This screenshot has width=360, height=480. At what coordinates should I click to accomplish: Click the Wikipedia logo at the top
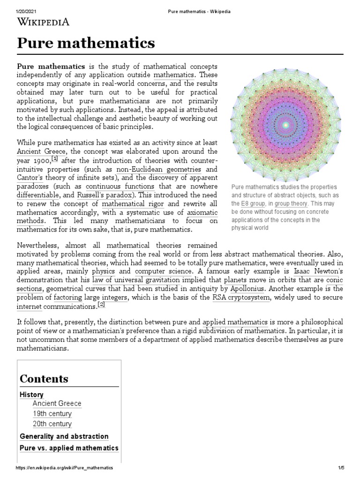(x=44, y=21)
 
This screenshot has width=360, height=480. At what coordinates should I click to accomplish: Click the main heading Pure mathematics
(x=86, y=43)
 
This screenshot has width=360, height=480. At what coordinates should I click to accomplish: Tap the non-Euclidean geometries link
(x=159, y=169)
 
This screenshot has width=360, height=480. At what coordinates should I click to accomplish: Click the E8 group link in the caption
(x=252, y=203)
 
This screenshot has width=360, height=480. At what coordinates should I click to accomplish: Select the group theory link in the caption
(x=291, y=203)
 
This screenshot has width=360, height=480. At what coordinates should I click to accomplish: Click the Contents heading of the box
(x=44, y=378)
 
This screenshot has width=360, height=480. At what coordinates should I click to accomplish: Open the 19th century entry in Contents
(x=52, y=413)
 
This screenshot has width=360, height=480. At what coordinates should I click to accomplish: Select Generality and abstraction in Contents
(x=64, y=436)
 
